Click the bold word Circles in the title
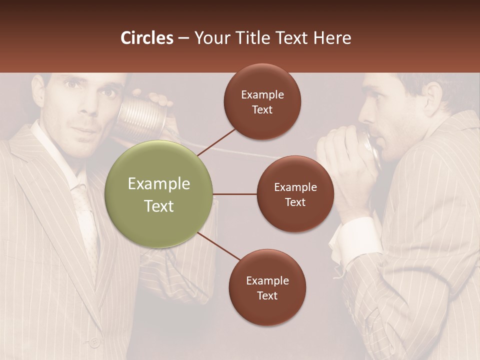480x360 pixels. (147, 38)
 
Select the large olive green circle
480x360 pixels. (159, 194)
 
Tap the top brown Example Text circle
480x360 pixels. (262, 101)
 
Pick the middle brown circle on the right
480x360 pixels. (295, 194)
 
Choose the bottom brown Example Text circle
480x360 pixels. (267, 287)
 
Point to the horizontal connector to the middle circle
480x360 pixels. (235, 194)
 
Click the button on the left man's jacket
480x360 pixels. (93, 343)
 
